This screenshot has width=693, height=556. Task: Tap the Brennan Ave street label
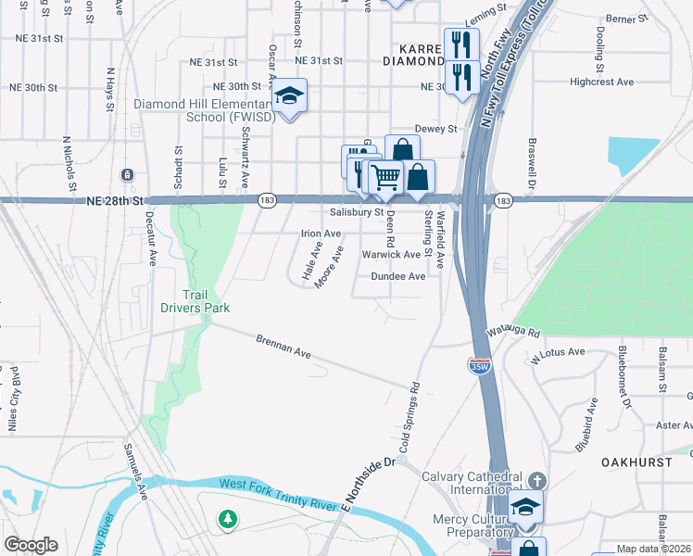tap(283, 347)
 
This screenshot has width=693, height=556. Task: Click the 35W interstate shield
tap(479, 368)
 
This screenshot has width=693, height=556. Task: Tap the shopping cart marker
tap(386, 175)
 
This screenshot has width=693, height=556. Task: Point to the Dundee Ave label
tap(397, 276)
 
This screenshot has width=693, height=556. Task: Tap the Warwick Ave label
tap(391, 254)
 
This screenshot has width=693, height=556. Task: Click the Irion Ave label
tap(321, 234)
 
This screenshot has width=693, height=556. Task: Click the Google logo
tap(31, 545)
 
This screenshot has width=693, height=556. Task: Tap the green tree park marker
tap(228, 520)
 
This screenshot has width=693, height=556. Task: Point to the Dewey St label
tap(437, 129)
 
